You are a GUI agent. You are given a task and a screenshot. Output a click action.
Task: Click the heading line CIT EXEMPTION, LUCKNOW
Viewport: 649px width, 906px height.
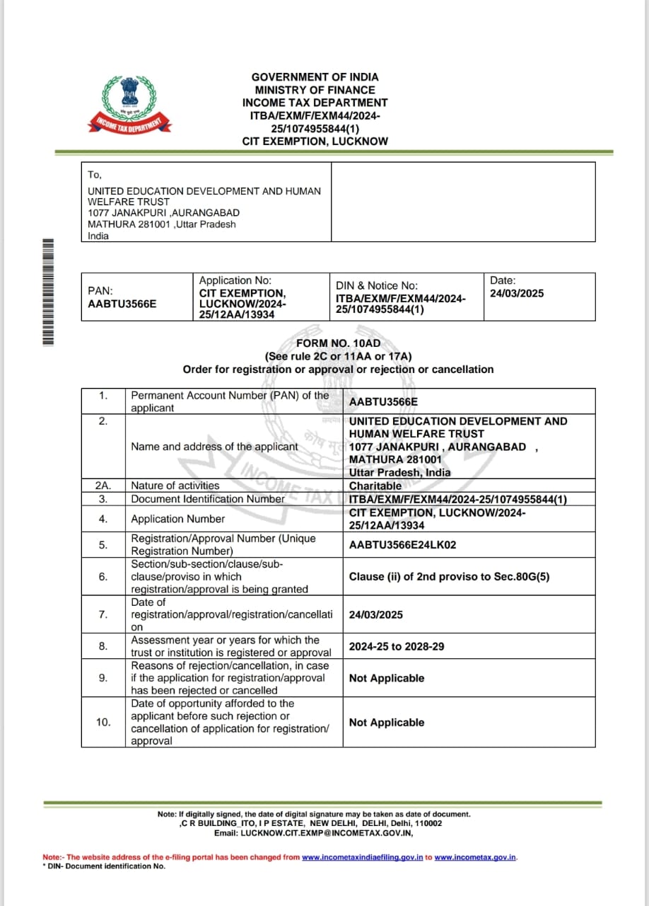click(x=315, y=141)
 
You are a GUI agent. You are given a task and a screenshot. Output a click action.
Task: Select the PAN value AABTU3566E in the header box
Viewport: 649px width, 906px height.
click(x=122, y=304)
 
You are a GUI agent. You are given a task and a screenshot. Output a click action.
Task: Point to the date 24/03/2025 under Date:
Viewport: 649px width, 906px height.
click(x=517, y=293)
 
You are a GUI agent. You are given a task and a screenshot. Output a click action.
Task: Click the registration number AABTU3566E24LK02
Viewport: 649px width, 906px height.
click(x=403, y=544)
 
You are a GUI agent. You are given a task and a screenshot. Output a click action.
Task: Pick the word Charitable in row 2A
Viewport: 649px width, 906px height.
click(x=375, y=486)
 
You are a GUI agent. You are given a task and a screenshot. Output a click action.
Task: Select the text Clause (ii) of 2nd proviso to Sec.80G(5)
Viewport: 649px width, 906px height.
click(x=449, y=576)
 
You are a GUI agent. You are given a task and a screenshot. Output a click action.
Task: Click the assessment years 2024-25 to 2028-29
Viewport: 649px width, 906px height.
click(x=397, y=646)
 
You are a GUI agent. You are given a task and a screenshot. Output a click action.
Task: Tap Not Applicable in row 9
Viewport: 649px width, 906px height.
click(x=387, y=678)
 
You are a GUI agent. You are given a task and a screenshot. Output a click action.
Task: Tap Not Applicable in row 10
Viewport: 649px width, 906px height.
click(x=387, y=723)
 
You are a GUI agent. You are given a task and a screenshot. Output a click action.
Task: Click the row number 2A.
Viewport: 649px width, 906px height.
click(x=103, y=486)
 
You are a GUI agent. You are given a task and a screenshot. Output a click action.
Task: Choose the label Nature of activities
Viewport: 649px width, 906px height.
click(x=175, y=486)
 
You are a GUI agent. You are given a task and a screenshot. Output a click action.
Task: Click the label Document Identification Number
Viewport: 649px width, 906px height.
click(x=208, y=498)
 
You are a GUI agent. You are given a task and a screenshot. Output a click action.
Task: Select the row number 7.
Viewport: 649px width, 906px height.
click(x=103, y=614)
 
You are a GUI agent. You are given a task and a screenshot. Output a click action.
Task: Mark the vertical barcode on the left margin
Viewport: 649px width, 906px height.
click(x=48, y=292)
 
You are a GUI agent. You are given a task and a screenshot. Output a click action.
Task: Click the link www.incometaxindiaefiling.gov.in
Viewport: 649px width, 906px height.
click(x=363, y=857)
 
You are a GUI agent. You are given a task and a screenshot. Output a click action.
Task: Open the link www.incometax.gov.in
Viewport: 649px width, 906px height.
click(x=475, y=857)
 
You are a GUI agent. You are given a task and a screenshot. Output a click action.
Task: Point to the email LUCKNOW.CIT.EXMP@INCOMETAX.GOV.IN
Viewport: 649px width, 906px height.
click(x=326, y=832)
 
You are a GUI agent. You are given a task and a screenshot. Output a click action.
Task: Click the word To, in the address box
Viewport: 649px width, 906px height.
click(x=95, y=174)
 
